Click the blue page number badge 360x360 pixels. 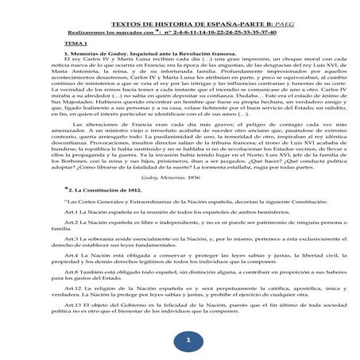(x=188, y=340)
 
